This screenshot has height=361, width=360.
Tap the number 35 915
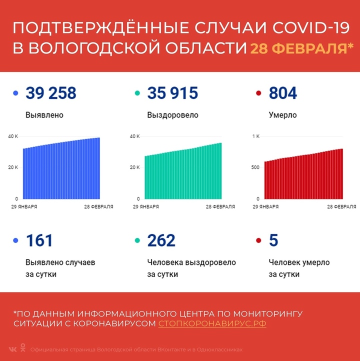tap(172, 93)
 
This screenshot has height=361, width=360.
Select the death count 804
tap(282, 93)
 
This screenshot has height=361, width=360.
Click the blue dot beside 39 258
tap(16, 93)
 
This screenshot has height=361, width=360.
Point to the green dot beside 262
tap(137, 241)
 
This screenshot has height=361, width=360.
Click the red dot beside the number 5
tap(258, 241)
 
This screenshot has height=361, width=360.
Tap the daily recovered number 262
tap(161, 240)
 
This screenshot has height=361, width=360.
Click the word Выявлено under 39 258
tap(44, 115)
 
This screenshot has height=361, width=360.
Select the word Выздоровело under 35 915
tap(172, 115)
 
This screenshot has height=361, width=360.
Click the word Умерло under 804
tap(282, 115)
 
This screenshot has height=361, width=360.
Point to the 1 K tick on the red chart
tap(255, 136)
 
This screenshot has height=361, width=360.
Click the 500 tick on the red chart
tap(255, 167)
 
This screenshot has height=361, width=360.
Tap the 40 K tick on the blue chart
tap(12, 136)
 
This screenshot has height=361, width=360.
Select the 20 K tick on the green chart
tap(134, 167)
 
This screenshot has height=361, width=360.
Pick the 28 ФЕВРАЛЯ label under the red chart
tap(342, 206)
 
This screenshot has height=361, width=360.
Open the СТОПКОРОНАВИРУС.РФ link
tap(212, 323)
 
